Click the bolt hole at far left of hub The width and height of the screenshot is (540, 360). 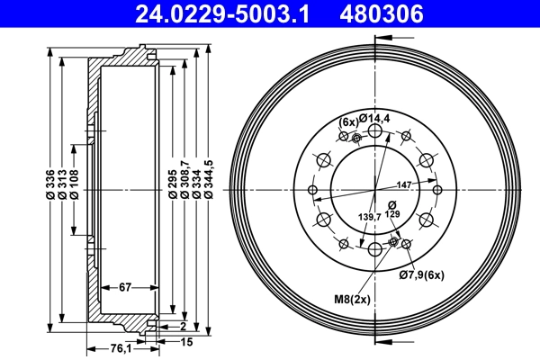311,190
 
